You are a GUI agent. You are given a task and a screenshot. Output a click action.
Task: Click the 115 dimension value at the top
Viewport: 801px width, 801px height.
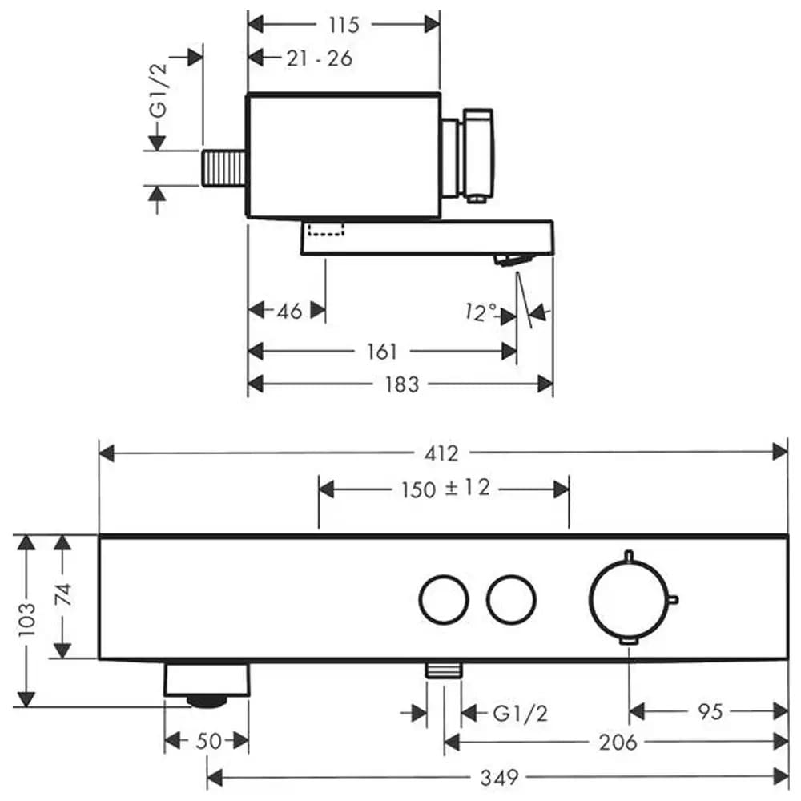344,25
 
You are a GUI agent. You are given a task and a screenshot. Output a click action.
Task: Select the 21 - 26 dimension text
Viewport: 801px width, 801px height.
320,58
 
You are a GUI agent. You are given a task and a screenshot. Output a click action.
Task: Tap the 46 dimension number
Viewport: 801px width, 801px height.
289,311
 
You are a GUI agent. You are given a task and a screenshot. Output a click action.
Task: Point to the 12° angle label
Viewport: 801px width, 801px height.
481,312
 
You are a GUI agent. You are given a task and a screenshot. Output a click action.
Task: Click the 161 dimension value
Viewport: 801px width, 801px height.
382,352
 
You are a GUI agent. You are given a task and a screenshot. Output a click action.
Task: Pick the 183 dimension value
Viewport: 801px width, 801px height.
402,384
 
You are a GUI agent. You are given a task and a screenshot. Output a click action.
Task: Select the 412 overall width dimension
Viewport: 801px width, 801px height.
441,453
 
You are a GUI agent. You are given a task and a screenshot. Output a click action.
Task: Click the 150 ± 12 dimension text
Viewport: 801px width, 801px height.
445,489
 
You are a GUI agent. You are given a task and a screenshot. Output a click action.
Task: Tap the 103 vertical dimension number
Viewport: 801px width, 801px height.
26,619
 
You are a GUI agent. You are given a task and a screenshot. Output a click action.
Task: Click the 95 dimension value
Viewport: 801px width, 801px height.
710,711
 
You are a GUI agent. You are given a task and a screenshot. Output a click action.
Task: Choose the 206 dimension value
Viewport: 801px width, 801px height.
618,743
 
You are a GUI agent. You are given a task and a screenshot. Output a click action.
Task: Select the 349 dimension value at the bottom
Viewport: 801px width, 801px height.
499,778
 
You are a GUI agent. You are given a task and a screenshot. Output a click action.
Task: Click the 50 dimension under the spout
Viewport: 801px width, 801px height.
208,741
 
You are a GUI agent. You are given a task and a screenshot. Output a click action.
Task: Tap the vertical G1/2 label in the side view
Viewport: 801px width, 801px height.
159,91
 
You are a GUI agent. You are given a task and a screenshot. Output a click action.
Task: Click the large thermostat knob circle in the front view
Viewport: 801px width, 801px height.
590,600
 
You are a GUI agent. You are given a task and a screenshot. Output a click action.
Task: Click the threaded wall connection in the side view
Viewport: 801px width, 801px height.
224,168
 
